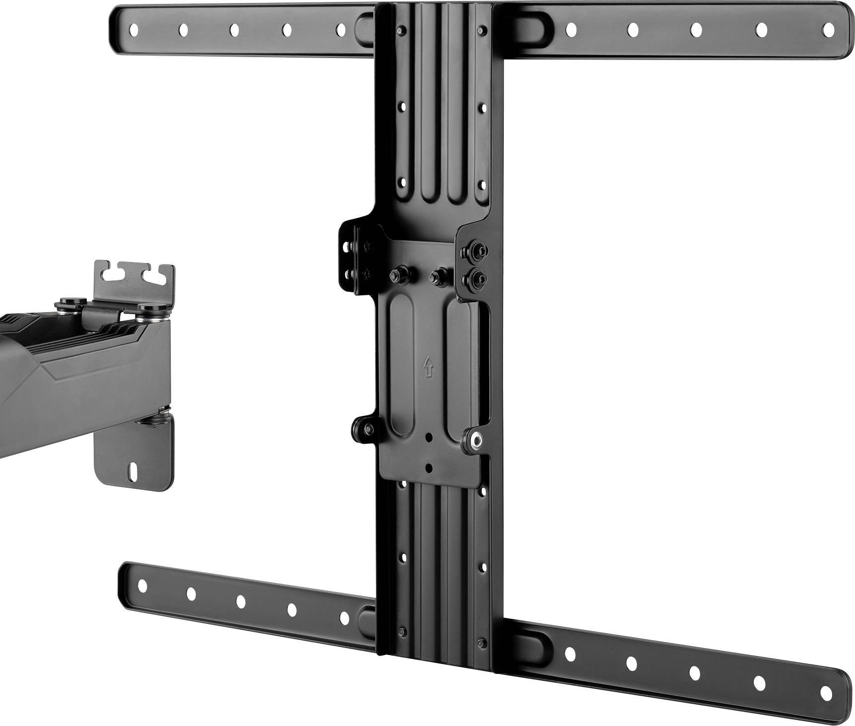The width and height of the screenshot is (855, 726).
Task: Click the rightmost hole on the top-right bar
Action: tap(828, 30)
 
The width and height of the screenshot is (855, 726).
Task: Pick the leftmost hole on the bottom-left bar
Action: tap(142, 586)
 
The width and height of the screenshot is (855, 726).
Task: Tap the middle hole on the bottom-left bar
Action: tap(241, 601)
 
